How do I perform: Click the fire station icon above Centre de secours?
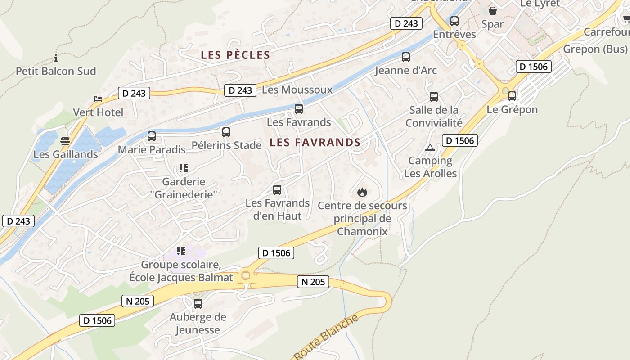click(362, 193)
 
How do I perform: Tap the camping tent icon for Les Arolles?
click(430, 148)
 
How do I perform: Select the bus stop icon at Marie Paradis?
click(152, 136)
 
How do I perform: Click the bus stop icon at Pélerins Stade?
click(226, 132)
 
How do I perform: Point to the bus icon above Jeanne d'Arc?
click(406, 57)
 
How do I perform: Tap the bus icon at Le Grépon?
click(512, 96)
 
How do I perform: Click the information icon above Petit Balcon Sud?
click(56, 58)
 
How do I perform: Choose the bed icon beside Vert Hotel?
click(98, 99)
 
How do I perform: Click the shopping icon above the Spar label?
click(493, 11)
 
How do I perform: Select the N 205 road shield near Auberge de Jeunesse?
click(138, 301)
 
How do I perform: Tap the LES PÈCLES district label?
click(235, 55)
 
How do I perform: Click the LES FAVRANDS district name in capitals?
click(315, 143)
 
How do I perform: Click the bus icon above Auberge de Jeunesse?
click(198, 304)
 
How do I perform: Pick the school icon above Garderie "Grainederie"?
click(183, 168)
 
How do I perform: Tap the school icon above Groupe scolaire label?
click(181, 251)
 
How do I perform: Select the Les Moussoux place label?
click(297, 90)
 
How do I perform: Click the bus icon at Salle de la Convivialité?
click(434, 97)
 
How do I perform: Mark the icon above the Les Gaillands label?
click(65, 141)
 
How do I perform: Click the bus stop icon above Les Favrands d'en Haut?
click(277, 190)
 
